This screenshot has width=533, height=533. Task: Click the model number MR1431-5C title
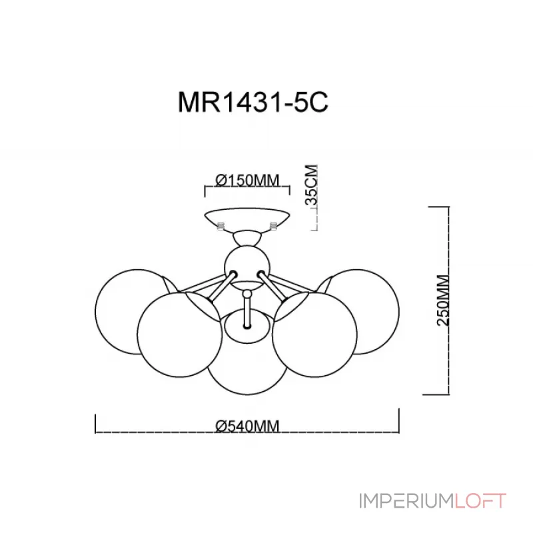(x=253, y=102)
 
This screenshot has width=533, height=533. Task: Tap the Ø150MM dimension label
(x=247, y=180)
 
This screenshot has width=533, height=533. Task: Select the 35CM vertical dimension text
(x=311, y=185)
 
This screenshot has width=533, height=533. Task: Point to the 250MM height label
(x=442, y=300)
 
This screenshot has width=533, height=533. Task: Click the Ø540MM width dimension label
(x=247, y=426)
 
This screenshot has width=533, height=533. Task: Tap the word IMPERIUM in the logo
(x=406, y=501)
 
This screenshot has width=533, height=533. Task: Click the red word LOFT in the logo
(x=480, y=501)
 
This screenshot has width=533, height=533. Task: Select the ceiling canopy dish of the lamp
(x=247, y=219)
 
